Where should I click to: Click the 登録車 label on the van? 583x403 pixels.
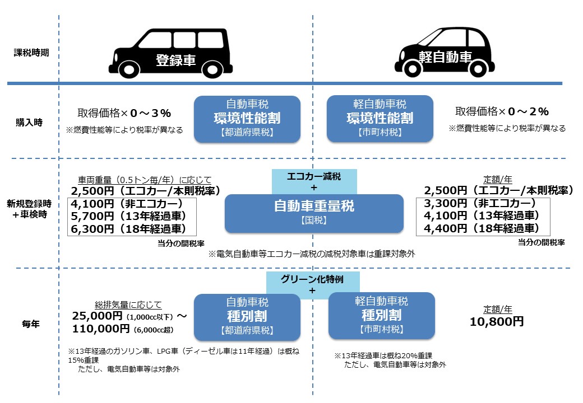[x=175, y=60]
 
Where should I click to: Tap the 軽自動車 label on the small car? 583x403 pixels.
[x=446, y=57]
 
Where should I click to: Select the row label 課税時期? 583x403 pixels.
[x=31, y=53]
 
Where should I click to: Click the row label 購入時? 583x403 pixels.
[x=29, y=123]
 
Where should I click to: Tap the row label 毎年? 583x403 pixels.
[x=30, y=324]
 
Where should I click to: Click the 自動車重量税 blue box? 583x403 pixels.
[x=314, y=213]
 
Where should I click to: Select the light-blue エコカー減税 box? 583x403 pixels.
[x=314, y=181]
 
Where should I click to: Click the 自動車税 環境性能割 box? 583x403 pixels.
[x=247, y=119]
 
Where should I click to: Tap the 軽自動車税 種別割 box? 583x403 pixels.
[x=382, y=316]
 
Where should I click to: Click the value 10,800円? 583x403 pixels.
[x=497, y=321]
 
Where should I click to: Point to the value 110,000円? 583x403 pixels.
[x=101, y=329]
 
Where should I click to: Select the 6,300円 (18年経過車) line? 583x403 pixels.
[x=128, y=228]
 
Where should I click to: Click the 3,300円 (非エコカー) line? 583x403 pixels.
[x=480, y=203]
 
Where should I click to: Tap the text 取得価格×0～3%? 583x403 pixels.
[x=124, y=113]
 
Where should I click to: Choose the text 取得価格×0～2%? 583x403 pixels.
[x=502, y=111]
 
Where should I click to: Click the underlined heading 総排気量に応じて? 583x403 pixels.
[x=128, y=305]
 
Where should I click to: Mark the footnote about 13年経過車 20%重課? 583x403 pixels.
[x=390, y=360]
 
